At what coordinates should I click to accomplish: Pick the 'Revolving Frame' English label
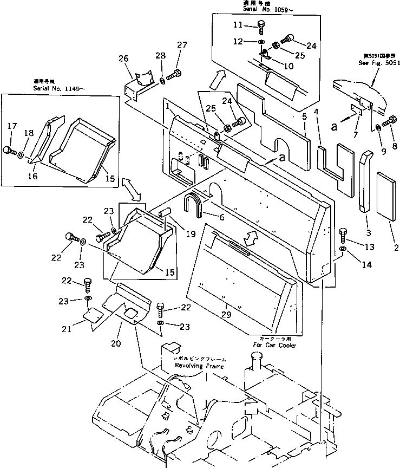pos(199,366)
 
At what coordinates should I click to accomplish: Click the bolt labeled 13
pos(343,234)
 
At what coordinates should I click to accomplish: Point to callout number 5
pos(304,116)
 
